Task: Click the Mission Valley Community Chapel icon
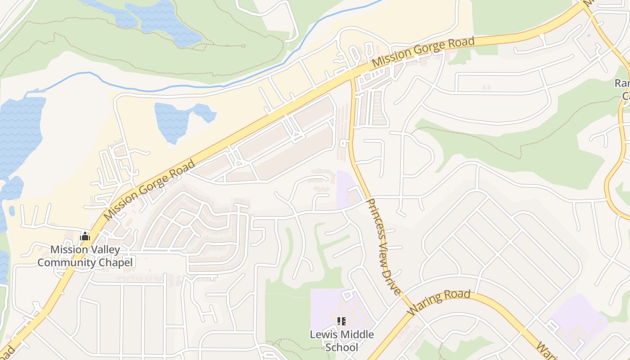(85, 236)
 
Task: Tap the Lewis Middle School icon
(342, 321)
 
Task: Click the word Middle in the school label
(356, 335)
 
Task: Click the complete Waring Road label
(439, 302)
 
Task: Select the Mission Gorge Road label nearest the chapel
(149, 189)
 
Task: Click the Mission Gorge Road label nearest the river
(423, 53)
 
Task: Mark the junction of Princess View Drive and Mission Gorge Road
(352, 77)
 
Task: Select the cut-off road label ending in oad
(8, 354)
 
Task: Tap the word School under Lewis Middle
(342, 347)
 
